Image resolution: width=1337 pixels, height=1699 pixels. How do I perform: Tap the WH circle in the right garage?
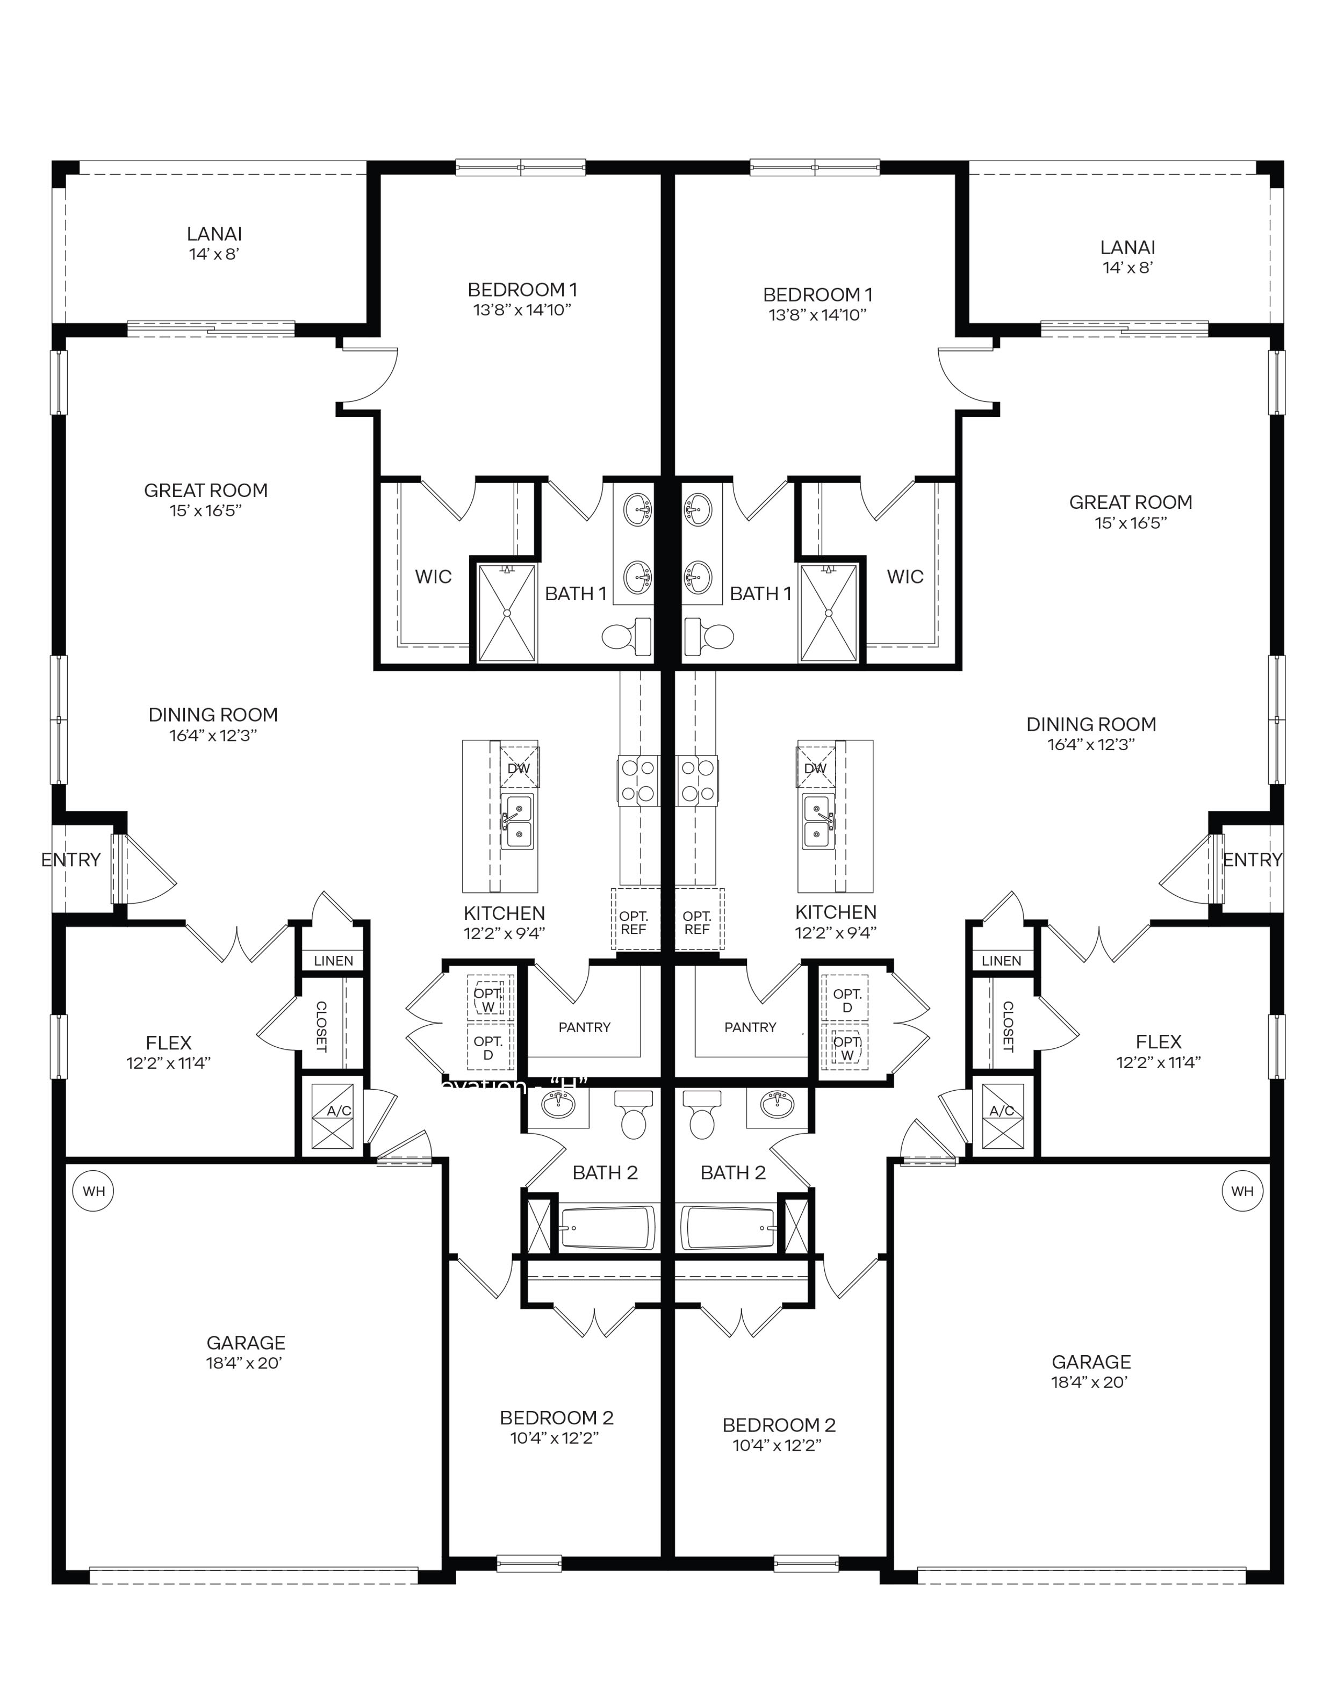click(1242, 1191)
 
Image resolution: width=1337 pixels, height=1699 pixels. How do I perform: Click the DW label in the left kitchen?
click(518, 768)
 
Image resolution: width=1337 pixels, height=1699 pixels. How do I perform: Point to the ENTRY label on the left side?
click(70, 859)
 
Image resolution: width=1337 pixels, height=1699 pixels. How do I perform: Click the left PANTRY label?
click(584, 1027)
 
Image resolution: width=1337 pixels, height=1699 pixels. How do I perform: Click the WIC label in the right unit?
click(905, 577)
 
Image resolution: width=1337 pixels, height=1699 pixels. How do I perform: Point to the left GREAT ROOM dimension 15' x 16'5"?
click(206, 511)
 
